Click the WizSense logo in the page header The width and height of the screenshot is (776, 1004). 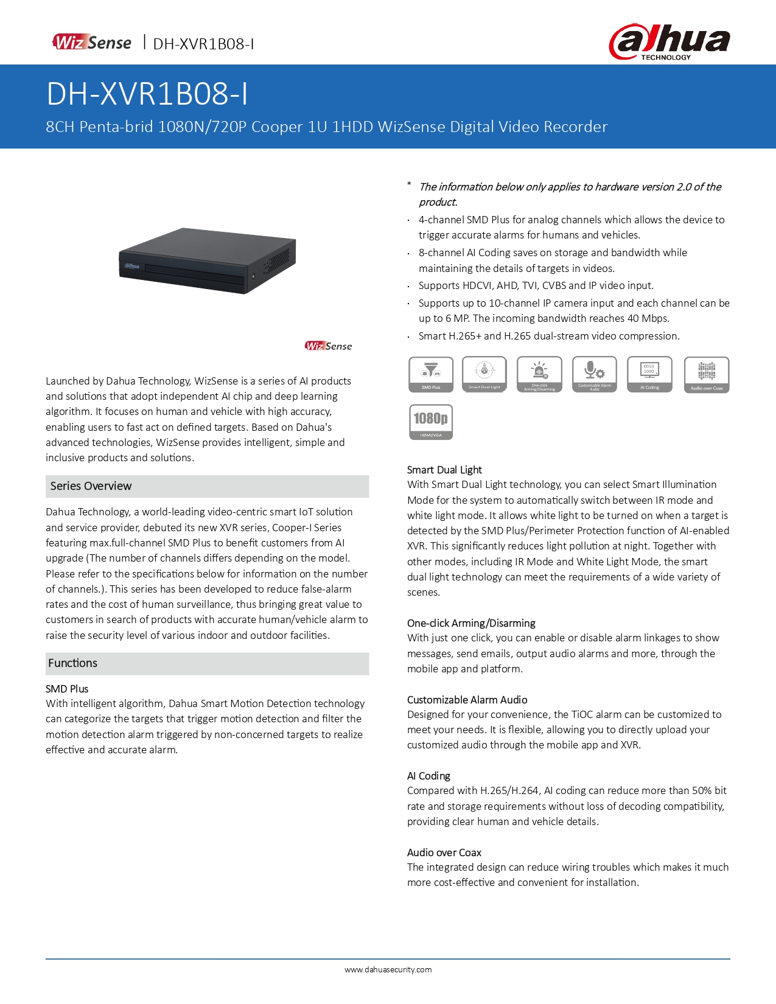[92, 43]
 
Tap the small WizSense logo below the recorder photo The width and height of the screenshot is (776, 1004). [329, 346]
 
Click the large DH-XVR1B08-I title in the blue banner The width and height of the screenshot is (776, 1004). [147, 94]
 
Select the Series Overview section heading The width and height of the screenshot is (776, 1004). [91, 486]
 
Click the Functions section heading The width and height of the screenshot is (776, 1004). [73, 663]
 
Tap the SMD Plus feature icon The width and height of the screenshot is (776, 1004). [431, 374]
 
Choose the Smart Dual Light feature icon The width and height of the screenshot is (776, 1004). [484, 374]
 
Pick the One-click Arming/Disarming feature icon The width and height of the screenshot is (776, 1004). [539, 374]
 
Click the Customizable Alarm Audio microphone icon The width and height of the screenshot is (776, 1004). [594, 374]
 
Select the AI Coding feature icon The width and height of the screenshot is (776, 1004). [649, 374]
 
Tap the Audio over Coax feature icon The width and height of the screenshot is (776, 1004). [707, 374]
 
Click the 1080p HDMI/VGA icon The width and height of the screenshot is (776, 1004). [431, 422]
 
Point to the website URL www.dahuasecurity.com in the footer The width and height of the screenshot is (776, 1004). [388, 970]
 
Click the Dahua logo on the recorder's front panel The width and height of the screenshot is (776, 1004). [133, 266]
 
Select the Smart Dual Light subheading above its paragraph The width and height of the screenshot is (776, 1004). [444, 470]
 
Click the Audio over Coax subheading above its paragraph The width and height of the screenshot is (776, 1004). [444, 852]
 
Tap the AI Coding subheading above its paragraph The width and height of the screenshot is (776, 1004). [428, 776]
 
